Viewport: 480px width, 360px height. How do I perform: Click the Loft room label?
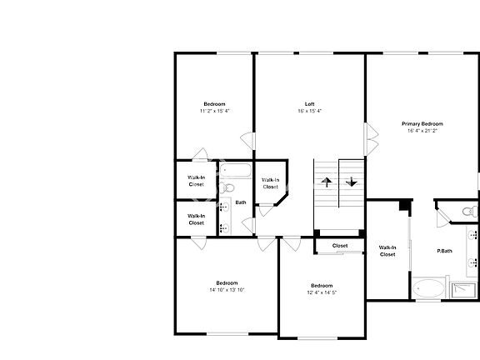[x=309, y=104]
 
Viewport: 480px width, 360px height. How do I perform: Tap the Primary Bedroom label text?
[x=422, y=123]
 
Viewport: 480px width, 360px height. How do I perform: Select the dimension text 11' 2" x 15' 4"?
[x=214, y=111]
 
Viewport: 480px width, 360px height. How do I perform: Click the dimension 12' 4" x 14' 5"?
[x=322, y=292]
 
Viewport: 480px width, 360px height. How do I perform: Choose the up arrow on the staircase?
[x=326, y=181]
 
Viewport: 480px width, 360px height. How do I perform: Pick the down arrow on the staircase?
[x=352, y=181]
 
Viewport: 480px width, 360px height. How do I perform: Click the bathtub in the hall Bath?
[x=237, y=172]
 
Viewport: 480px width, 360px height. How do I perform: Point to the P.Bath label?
[x=444, y=251]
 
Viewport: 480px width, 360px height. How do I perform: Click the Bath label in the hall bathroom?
[x=240, y=202]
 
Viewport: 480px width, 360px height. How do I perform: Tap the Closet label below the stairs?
[x=340, y=246]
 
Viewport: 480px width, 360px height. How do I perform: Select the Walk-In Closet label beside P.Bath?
[x=387, y=251]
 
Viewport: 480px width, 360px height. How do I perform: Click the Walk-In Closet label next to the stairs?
[x=270, y=183]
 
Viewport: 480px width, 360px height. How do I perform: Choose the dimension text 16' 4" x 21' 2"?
[x=422, y=131]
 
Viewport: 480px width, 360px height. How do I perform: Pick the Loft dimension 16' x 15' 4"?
[x=309, y=111]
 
